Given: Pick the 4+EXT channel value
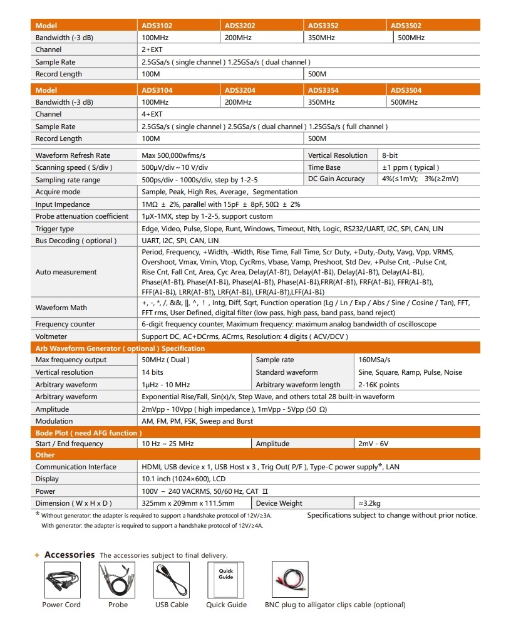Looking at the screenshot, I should [x=152, y=114].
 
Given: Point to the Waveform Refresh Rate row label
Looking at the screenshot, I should [x=73, y=155].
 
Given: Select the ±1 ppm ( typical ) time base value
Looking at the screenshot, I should [x=410, y=167].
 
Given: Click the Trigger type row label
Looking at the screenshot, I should [x=54, y=229].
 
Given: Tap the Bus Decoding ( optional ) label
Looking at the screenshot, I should [x=76, y=241].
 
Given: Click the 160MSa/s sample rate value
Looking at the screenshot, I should [x=374, y=360].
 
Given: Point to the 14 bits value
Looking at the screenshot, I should [x=152, y=372].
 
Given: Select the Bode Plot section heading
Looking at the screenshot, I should [x=88, y=432].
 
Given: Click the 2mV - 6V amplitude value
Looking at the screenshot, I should [x=373, y=444].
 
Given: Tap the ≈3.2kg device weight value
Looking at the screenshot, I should [x=371, y=503].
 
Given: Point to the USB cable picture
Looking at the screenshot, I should [x=172, y=580].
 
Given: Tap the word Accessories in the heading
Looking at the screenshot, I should [x=70, y=555].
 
